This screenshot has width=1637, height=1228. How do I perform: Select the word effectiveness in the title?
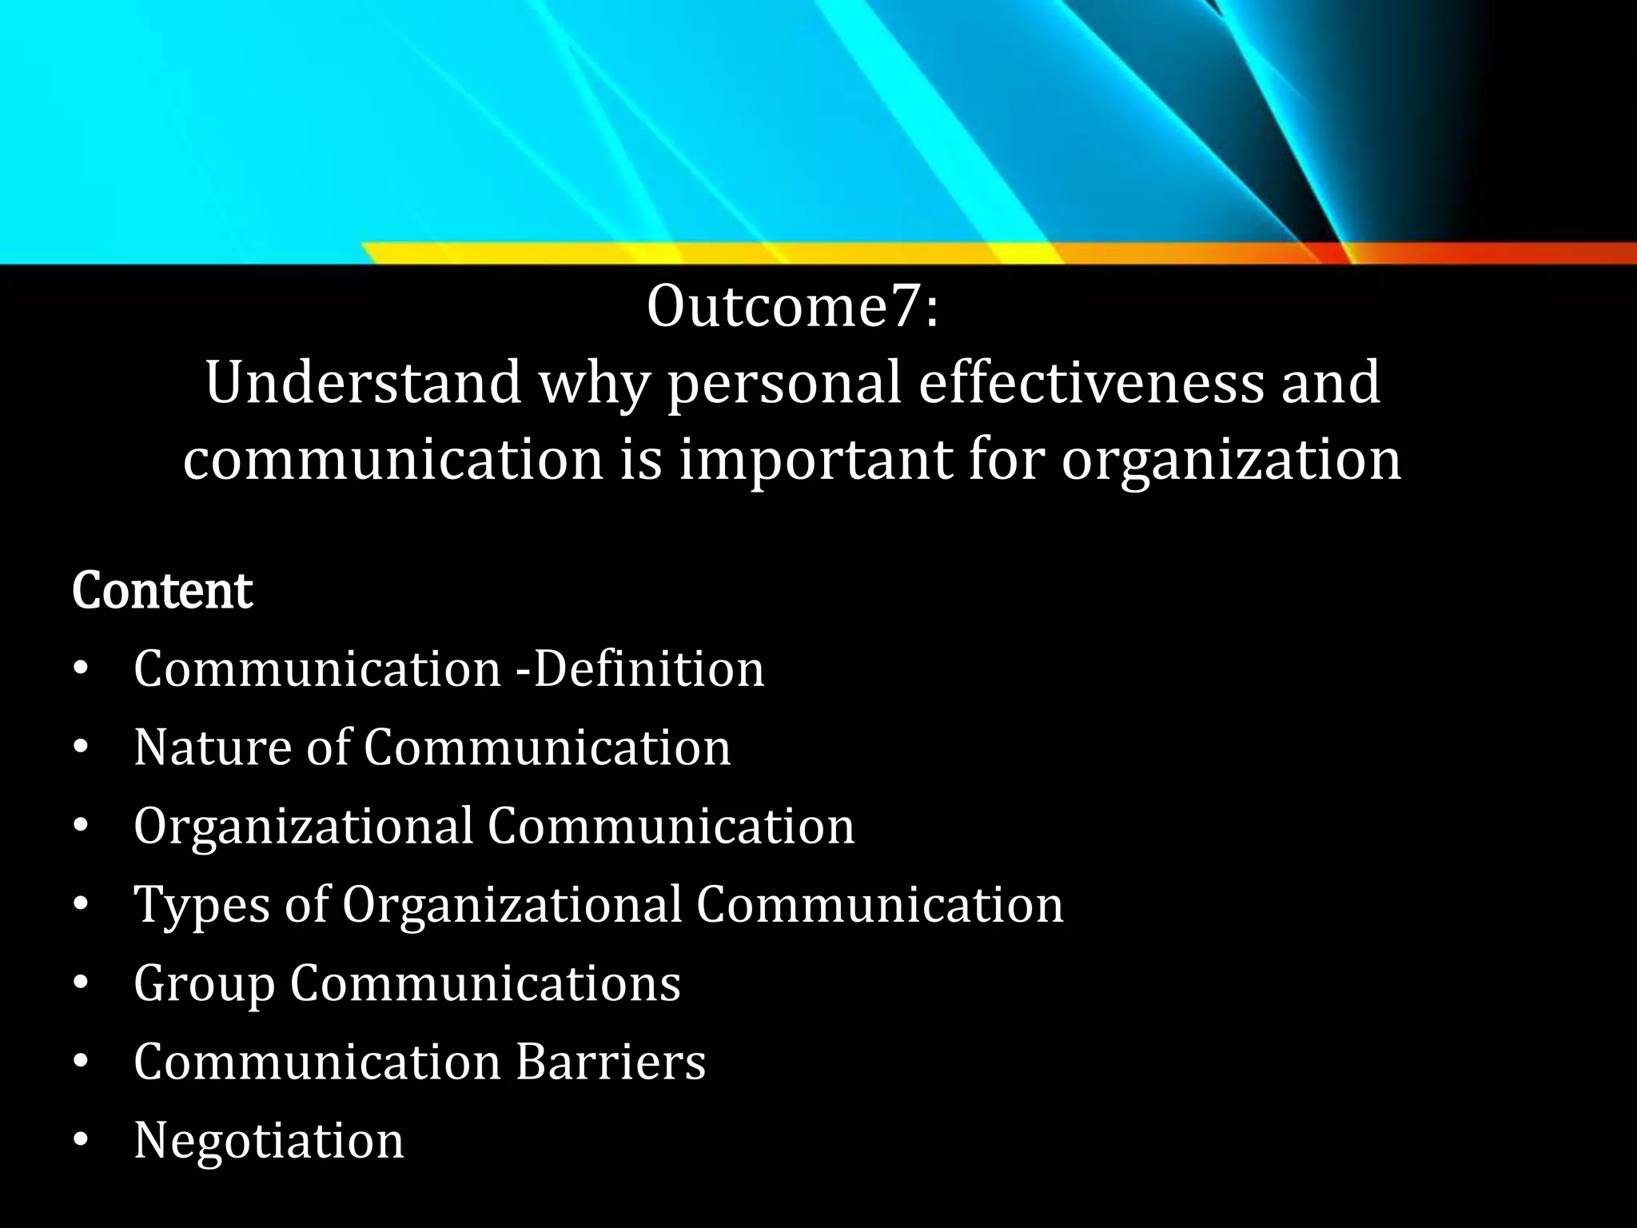tap(1091, 383)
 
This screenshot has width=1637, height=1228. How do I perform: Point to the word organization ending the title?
tap(1231, 461)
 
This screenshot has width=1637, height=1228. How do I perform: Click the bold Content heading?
tap(162, 591)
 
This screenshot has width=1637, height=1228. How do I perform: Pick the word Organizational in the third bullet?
tap(303, 826)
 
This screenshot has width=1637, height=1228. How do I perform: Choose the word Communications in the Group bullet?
tap(485, 983)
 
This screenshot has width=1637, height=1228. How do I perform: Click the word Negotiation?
tap(269, 1139)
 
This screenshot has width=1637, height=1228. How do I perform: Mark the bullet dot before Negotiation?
tap(80, 1141)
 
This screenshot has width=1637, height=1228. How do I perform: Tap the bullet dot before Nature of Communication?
tap(80, 748)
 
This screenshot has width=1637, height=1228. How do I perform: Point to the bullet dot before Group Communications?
tap(80, 984)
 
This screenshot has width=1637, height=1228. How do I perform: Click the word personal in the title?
tap(784, 383)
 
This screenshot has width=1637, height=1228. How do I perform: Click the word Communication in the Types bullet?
tap(879, 904)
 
